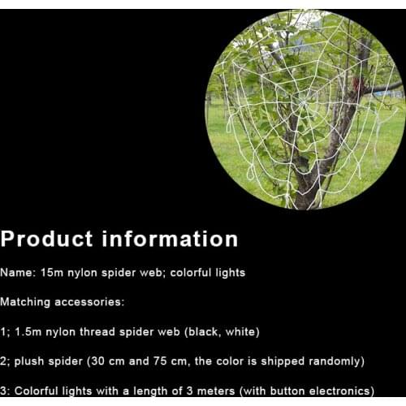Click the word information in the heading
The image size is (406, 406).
pyautogui.click(x=170, y=239)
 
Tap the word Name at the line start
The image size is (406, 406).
pyautogui.click(x=15, y=273)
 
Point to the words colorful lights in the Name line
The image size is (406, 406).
pyautogui.click(x=209, y=273)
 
